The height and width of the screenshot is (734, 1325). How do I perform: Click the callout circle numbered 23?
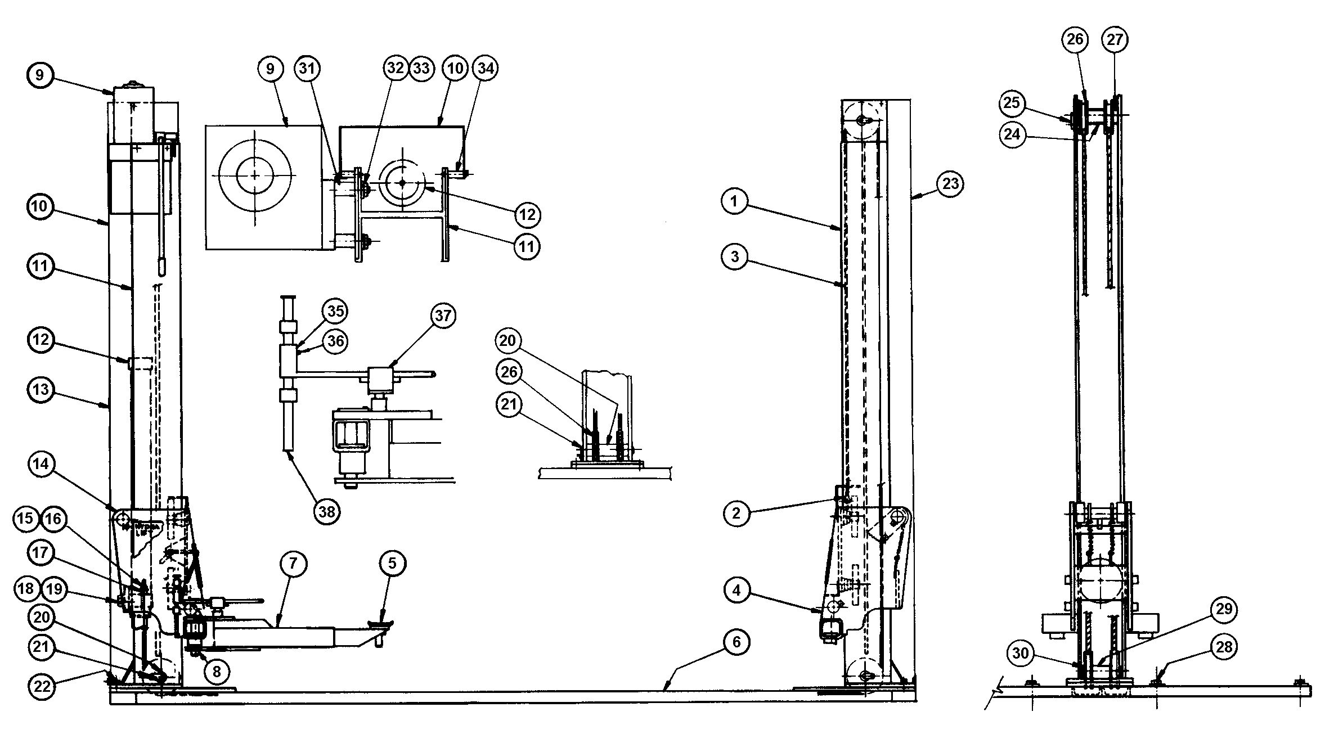coord(950,184)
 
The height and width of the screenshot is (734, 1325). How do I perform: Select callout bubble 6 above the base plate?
coord(736,642)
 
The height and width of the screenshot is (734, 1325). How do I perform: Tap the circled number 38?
coord(327,511)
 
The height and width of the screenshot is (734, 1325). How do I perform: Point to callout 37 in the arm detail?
coord(443,316)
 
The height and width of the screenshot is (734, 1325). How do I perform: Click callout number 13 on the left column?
coord(39,389)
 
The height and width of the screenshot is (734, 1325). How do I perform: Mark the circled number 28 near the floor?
coord(1224,647)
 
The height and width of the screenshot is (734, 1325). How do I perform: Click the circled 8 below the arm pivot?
coord(217,670)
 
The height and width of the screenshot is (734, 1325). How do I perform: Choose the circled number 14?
coord(39,464)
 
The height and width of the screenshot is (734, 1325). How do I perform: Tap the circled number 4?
coord(736,592)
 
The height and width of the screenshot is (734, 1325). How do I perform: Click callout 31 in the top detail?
coord(308,68)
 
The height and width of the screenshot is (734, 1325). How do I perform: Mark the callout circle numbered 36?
coord(335,341)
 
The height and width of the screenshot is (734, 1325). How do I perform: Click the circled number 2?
coord(736,513)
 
